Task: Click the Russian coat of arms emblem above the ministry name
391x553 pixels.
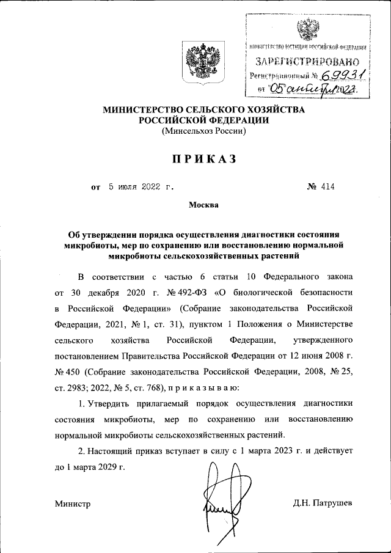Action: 198,63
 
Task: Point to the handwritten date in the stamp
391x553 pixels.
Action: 311,90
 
